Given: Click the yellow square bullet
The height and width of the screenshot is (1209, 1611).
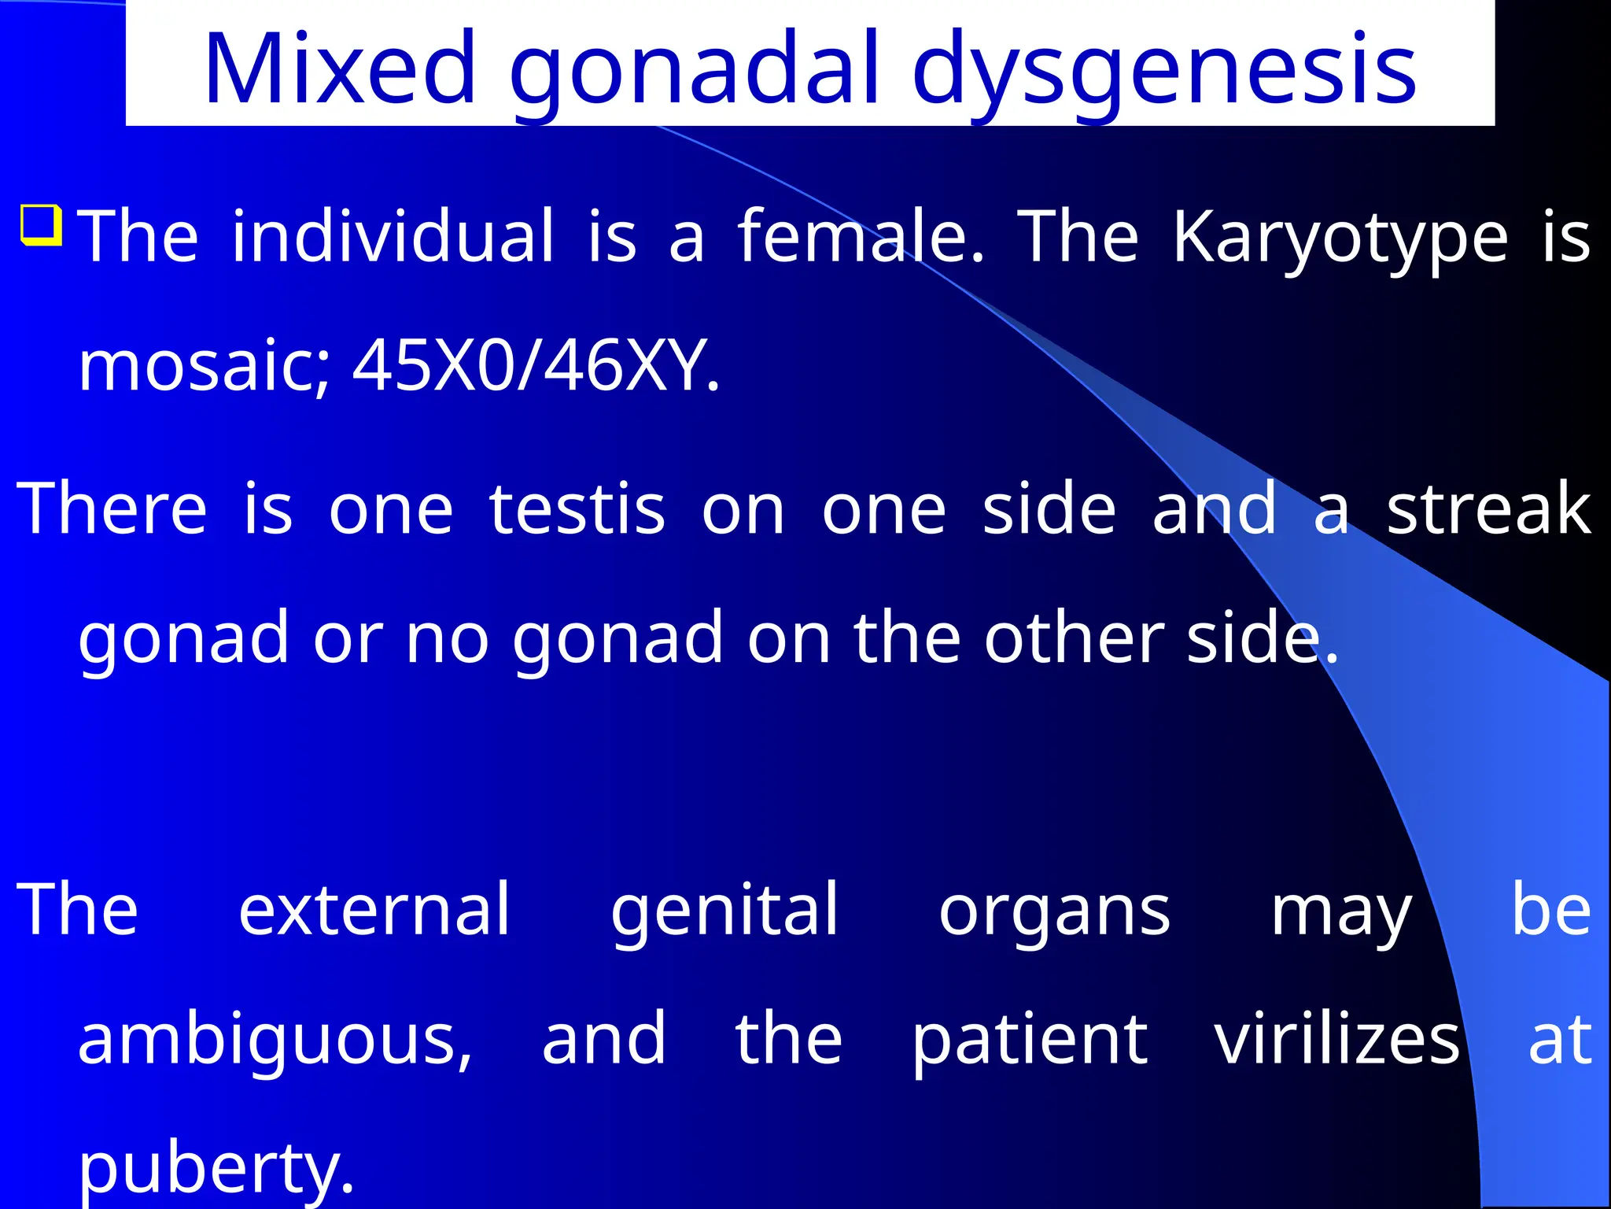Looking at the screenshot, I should pyautogui.click(x=42, y=226).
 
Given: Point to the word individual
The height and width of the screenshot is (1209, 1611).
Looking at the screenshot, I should pyautogui.click(x=393, y=235).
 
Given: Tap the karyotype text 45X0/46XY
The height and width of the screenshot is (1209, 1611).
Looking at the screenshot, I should pyautogui.click(x=536, y=365).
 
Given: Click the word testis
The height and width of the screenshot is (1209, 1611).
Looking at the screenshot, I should pyautogui.click(x=577, y=509).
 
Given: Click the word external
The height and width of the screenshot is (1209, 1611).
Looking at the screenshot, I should pyautogui.click(x=374, y=909).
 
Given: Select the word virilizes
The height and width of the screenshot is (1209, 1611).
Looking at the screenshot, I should pyautogui.click(x=1336, y=1039).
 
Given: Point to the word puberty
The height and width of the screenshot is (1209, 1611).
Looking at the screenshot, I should pyautogui.click(x=216, y=1170).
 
